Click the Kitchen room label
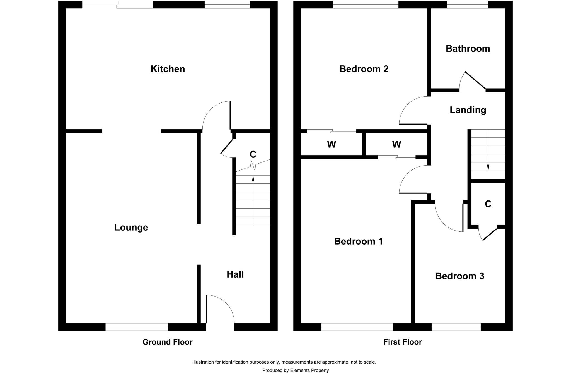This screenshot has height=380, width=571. [x=168, y=69]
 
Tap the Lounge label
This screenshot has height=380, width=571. [x=131, y=227]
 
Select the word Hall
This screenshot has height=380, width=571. [x=235, y=274]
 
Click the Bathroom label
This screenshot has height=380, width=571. [x=468, y=49]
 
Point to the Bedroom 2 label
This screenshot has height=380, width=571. [x=364, y=69]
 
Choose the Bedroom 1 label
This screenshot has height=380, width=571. [x=358, y=241]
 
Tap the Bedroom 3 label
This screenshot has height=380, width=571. [x=459, y=276]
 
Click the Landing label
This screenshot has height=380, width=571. [x=468, y=110]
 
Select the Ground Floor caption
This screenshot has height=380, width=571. [x=167, y=342]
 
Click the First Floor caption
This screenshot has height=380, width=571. [x=402, y=342]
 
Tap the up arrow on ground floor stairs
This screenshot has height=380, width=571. [x=253, y=178]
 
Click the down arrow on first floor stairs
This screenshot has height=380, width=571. [x=488, y=167]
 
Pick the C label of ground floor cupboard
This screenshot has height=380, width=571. [x=253, y=154]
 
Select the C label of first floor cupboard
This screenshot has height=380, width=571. [x=488, y=204]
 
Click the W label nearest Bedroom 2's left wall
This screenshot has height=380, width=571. [x=331, y=144]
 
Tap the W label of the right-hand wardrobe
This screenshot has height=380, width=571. [x=396, y=144]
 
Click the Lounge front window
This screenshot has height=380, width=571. [x=137, y=327]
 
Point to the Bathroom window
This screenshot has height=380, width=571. [x=467, y=5]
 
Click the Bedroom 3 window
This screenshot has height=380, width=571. [x=456, y=327]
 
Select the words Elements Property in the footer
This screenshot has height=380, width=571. [x=309, y=371]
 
